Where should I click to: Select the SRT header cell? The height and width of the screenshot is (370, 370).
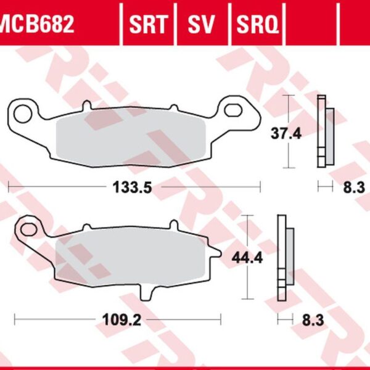tap(148, 25)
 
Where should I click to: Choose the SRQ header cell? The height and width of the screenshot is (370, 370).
tap(256, 25)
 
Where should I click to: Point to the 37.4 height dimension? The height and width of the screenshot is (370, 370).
tap(286, 133)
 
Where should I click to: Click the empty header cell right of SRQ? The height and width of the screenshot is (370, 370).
tap(311, 25)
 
